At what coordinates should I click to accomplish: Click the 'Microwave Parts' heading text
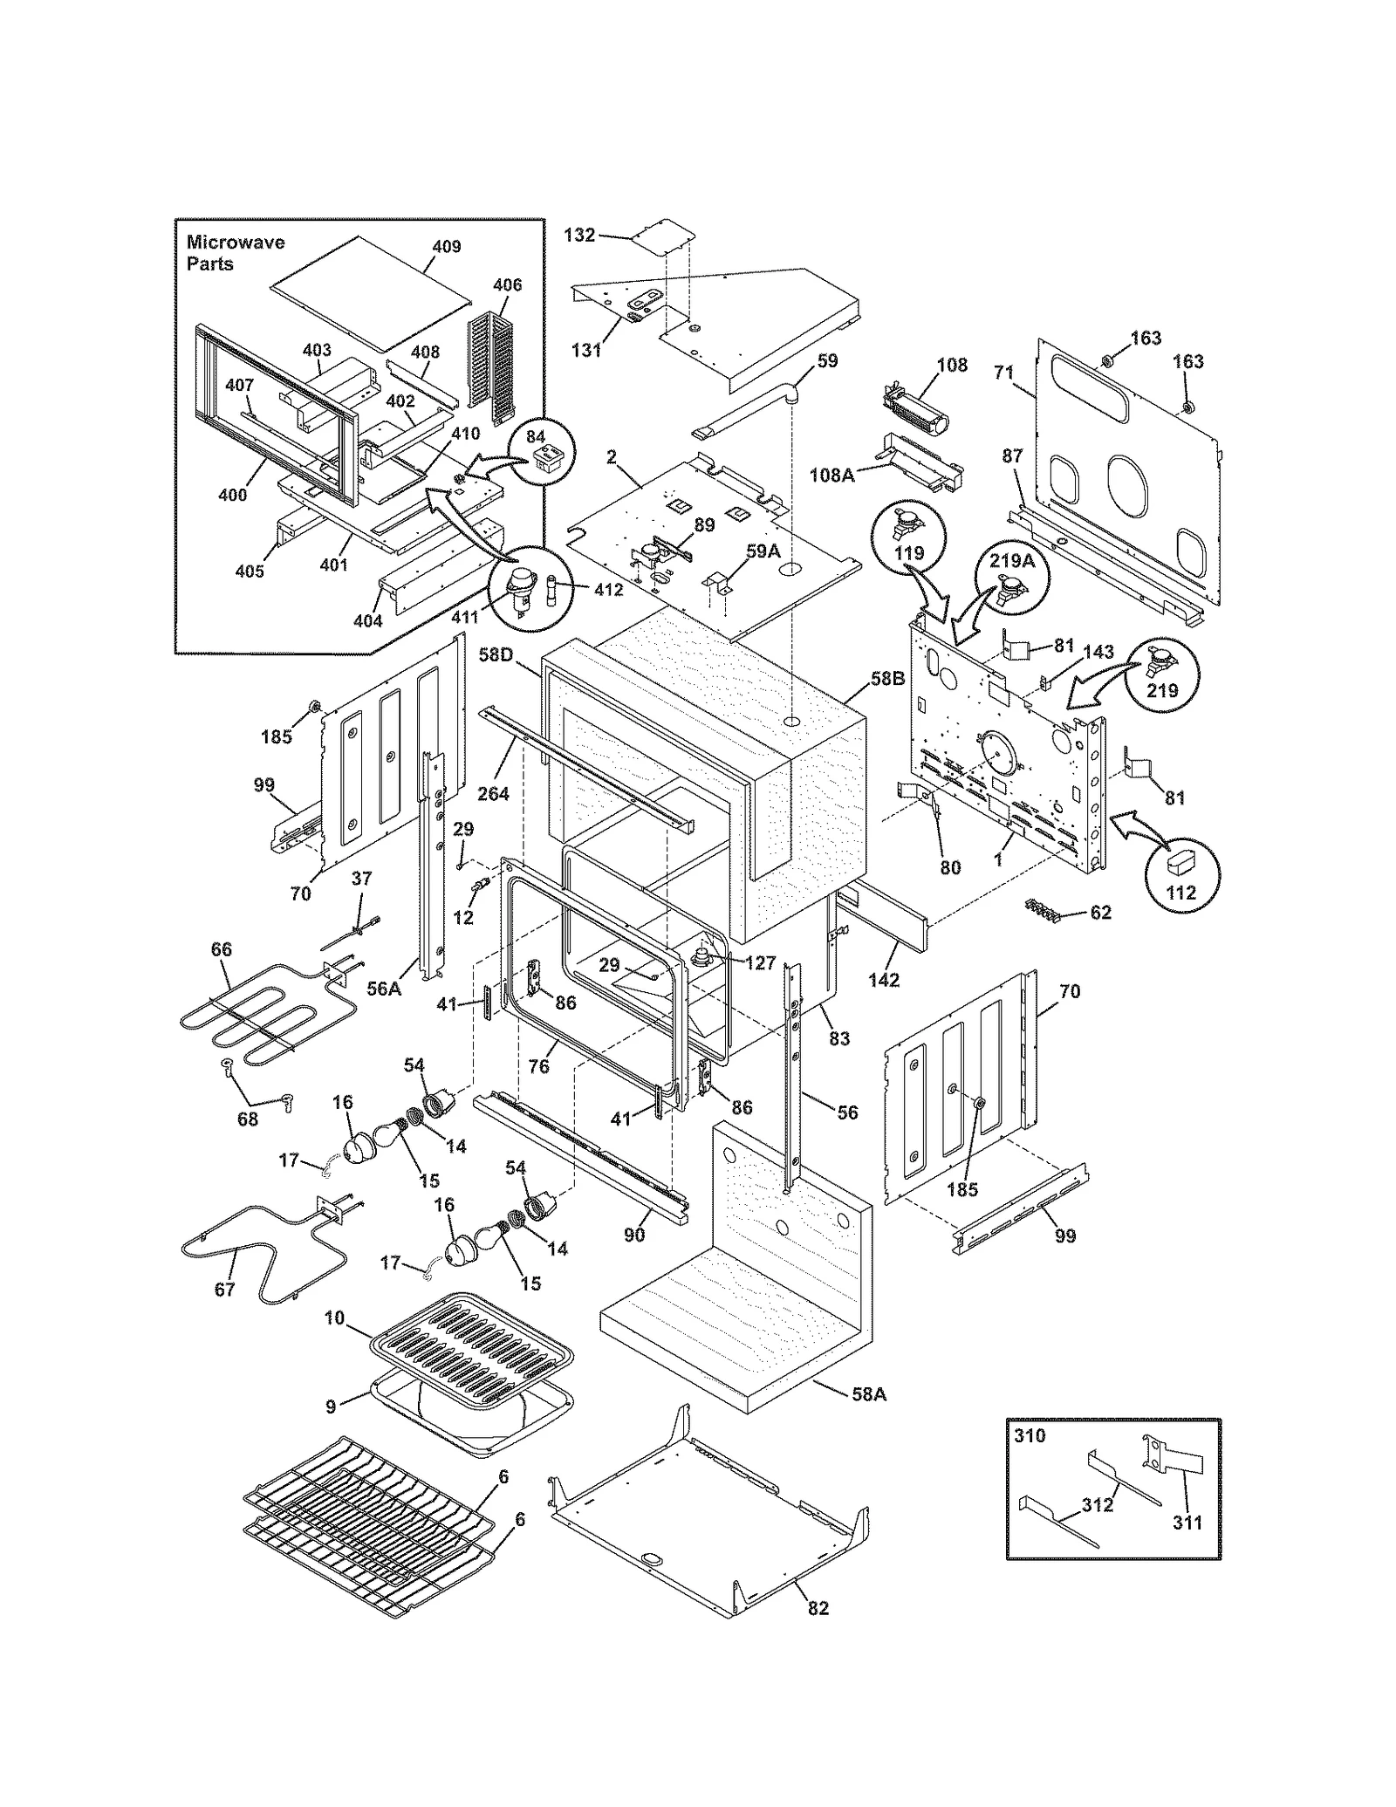click(235, 252)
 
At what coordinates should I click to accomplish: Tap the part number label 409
click(446, 246)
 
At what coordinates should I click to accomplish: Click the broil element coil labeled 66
click(253, 1021)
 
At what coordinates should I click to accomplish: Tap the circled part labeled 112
click(1183, 873)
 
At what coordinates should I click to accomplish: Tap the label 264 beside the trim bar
click(493, 793)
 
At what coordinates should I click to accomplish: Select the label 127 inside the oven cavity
click(760, 962)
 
